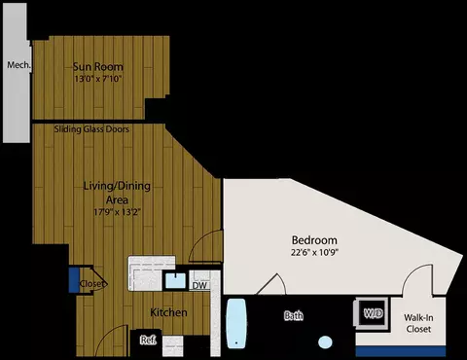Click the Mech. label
pos(19,65)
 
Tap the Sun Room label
pos(98,67)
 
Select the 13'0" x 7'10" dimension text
pos(98,79)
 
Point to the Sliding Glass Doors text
pos(91,129)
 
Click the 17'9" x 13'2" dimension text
pos(117,212)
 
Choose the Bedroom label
pos(314,240)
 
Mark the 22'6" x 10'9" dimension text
pos(314,252)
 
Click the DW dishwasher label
pos(199,285)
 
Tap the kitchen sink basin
pos(176,281)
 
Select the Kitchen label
pos(168,312)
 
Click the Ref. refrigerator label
pos(148,340)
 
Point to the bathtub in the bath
pos(235,323)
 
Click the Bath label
pos(294,315)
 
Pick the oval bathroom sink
pos(325,342)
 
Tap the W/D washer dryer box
pos(372,313)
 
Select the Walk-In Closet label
pos(418,323)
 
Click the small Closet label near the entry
pos(92,284)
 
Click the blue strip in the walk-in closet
pos(401,351)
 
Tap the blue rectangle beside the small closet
pos(74,280)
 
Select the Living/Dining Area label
pos(117,193)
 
